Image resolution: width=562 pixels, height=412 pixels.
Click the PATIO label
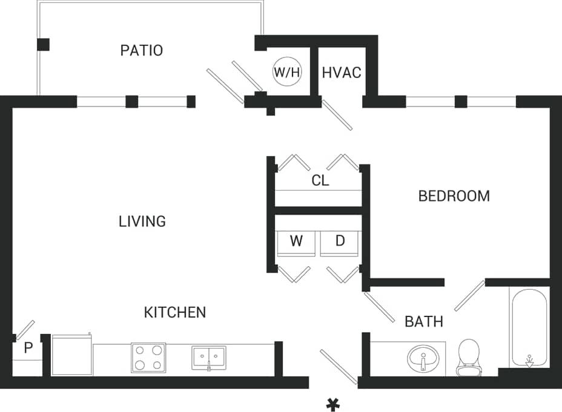(x=141, y=50)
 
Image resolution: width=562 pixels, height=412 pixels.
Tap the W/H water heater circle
(x=287, y=72)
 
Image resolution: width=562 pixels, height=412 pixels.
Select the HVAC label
(x=342, y=73)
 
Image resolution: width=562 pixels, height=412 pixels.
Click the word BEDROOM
(x=454, y=196)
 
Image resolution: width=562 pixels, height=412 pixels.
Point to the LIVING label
(x=142, y=221)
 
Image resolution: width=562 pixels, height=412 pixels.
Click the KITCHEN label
(x=174, y=312)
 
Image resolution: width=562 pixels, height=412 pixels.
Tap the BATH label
(x=424, y=321)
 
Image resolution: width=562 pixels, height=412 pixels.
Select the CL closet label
(x=320, y=180)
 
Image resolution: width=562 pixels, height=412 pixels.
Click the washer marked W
(x=296, y=242)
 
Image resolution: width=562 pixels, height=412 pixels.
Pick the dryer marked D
(x=340, y=242)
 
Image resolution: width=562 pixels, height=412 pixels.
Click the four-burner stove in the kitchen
(x=148, y=358)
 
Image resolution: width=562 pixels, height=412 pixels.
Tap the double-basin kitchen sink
(x=209, y=358)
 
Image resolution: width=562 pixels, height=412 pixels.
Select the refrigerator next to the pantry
(x=71, y=356)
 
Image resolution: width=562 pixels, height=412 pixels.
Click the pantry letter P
(x=28, y=348)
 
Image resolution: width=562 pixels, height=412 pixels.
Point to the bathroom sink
(x=423, y=359)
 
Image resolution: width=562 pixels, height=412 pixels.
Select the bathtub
(x=529, y=329)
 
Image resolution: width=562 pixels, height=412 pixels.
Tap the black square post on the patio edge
(x=44, y=44)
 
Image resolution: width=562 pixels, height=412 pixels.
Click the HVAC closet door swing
(x=337, y=115)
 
